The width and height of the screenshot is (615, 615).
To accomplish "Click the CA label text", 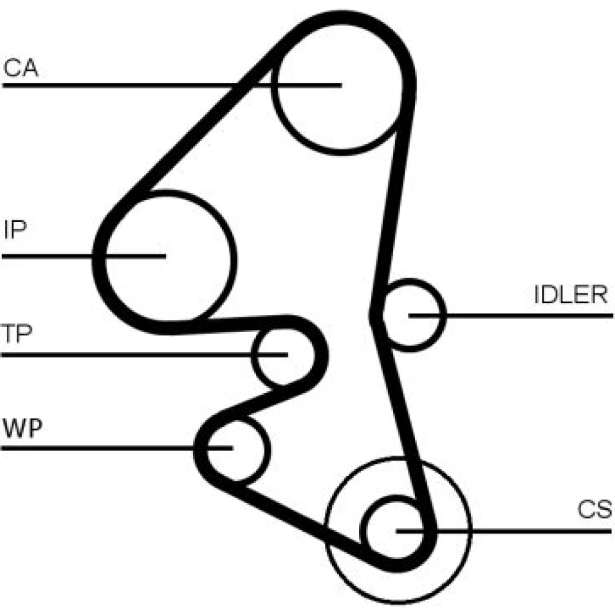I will click(x=21, y=68).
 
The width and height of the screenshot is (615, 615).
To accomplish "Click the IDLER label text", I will click(x=570, y=295).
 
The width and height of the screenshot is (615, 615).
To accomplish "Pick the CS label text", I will click(x=594, y=510).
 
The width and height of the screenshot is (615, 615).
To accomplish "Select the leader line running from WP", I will click(x=92, y=448).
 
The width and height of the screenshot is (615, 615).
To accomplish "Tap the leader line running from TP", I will click(x=123, y=355).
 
